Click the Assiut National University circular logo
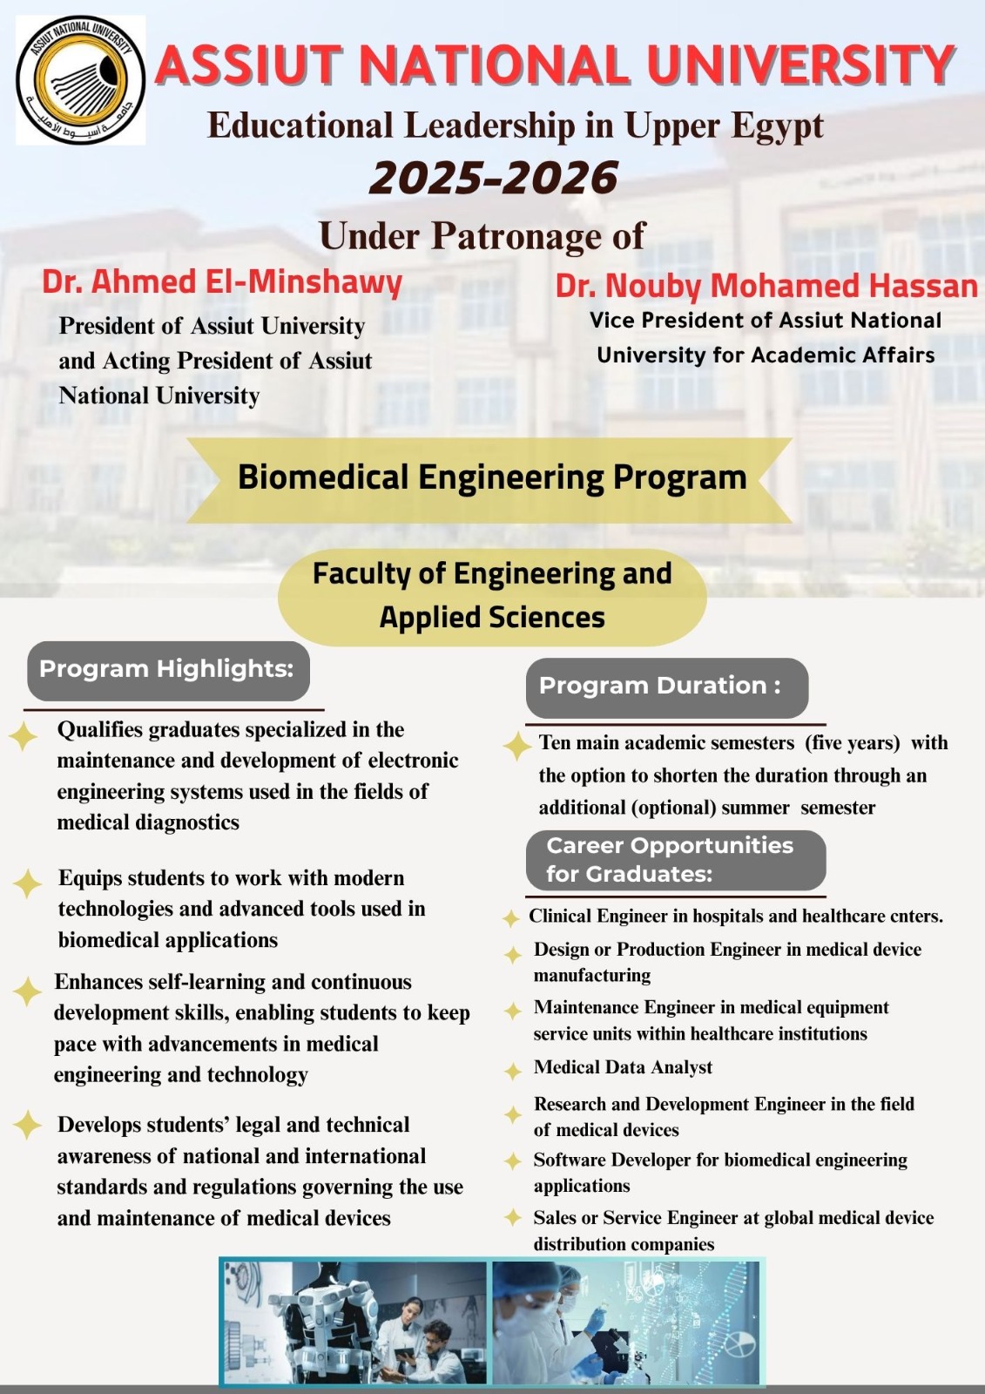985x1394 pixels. pyautogui.click(x=80, y=80)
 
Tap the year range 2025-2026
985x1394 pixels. pyautogui.click(x=494, y=179)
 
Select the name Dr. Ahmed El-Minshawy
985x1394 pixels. pyautogui.click(x=222, y=282)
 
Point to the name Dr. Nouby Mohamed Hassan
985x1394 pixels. pyautogui.click(x=766, y=286)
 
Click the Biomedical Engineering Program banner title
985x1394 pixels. pyautogui.click(x=492, y=477)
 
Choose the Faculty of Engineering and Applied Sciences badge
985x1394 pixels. pyautogui.click(x=492, y=596)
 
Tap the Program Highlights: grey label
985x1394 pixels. pyautogui.click(x=167, y=669)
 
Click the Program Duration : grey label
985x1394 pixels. pyautogui.click(x=666, y=687)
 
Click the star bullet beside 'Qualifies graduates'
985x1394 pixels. pyautogui.click(x=24, y=736)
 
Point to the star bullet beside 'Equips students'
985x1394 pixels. pyautogui.click(x=27, y=883)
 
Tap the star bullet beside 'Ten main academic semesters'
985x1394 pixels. pyautogui.click(x=517, y=747)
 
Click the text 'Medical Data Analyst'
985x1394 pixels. pyautogui.click(x=623, y=1067)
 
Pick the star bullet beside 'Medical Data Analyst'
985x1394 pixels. pyautogui.click(x=513, y=1071)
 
